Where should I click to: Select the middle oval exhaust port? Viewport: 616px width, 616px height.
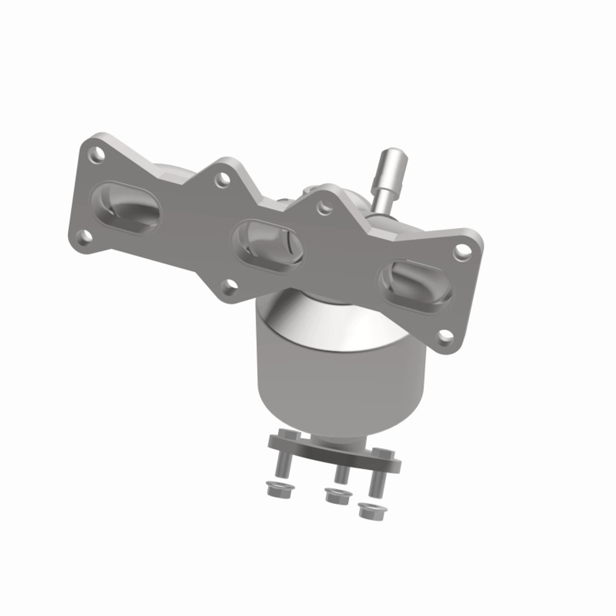point(267,245)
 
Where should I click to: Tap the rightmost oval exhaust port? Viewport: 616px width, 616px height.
point(416,284)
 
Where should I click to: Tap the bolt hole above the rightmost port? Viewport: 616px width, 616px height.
point(461,250)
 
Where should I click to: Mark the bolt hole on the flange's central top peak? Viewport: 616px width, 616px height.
point(325,208)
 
